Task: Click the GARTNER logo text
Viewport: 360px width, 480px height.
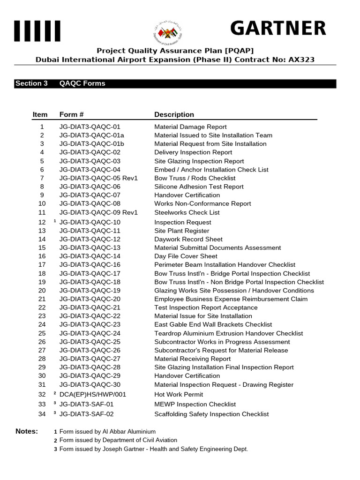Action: tap(278, 29)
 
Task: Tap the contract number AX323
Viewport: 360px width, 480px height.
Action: tap(301, 60)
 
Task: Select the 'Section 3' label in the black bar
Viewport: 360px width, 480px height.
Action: tap(31, 83)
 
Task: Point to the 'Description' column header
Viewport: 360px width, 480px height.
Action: tap(174, 114)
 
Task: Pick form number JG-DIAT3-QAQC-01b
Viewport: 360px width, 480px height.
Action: tap(91, 144)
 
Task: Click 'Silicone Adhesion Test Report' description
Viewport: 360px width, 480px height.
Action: tap(199, 187)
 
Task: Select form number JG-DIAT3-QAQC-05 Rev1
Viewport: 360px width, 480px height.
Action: tap(98, 178)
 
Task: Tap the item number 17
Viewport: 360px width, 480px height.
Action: tap(42, 265)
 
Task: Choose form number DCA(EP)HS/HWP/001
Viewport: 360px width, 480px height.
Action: tap(93, 395)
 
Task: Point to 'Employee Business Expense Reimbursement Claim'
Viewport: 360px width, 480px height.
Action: tap(231, 299)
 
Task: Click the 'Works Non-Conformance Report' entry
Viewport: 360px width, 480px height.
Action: tap(202, 203)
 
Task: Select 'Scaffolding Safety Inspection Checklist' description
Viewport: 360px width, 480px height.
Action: tap(211, 414)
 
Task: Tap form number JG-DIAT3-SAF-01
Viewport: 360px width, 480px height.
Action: tap(86, 404)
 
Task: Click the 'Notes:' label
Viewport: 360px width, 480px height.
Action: tap(27, 431)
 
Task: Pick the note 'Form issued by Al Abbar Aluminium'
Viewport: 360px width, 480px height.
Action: tap(107, 432)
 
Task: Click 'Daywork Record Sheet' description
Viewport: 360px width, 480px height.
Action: tap(188, 239)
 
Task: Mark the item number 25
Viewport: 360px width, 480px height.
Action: tap(42, 333)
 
